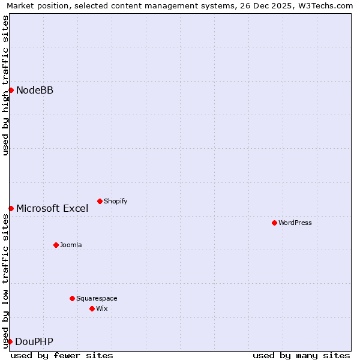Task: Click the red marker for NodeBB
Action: (11, 90)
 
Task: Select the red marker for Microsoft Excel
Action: (11, 208)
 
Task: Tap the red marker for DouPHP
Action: (10, 341)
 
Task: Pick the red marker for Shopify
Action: (100, 201)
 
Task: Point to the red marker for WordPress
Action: (274, 223)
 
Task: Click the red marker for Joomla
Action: (56, 245)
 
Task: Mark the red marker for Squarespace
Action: (72, 298)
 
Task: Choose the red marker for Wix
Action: (92, 308)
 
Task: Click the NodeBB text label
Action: (35, 90)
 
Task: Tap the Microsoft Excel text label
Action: (52, 208)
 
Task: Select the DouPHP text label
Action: (34, 341)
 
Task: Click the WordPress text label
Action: (295, 223)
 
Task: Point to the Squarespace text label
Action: (97, 298)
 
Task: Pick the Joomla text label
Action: (71, 245)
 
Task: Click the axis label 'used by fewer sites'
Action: (62, 355)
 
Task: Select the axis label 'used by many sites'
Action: (301, 355)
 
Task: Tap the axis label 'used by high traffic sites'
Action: (5, 85)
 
